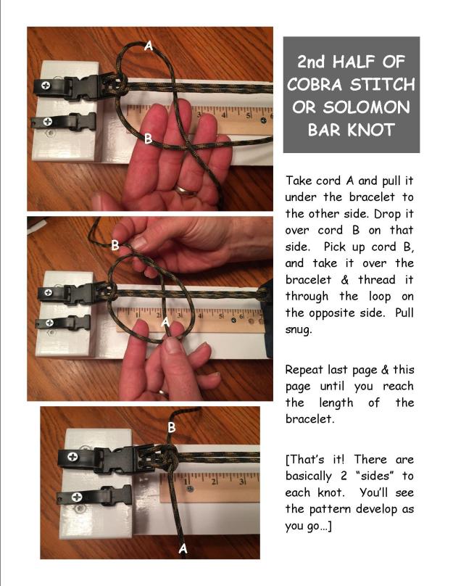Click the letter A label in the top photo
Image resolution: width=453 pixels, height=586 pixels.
pos(149,46)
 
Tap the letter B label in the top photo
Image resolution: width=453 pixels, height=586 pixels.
pos(148,139)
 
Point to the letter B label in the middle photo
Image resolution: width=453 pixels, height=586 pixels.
pos(115,246)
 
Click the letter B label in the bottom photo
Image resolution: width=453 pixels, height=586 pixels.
pos(172,428)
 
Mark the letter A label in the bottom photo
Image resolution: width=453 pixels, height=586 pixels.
pos(183,549)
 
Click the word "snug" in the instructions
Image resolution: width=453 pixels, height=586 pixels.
pos(302,329)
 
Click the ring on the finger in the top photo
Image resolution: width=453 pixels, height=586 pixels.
pos(186,191)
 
